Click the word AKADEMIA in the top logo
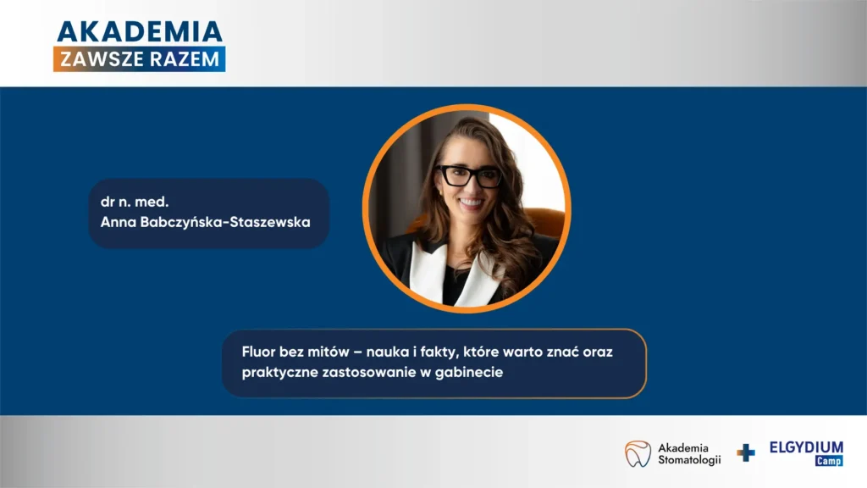point(140,32)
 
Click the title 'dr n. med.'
point(135,202)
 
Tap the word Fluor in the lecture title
point(258,352)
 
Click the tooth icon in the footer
point(638,454)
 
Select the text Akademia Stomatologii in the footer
point(689,454)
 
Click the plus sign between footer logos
point(746,452)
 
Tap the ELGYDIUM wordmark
point(806,447)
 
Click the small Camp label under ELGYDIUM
point(829,461)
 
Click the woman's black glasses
point(469,176)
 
